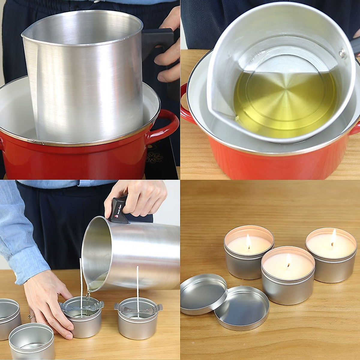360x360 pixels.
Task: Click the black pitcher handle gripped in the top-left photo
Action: (x=156, y=42)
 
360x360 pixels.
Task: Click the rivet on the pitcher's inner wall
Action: (x=341, y=54)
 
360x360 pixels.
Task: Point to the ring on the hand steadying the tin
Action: (x=31, y=316)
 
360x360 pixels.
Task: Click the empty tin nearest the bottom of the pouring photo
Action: (x=31, y=342)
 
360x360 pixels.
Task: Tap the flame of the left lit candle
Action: (x=248, y=241)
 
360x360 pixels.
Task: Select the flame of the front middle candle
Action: (x=288, y=259)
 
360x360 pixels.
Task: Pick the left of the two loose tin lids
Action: (x=203, y=293)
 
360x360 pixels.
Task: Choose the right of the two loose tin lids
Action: (x=241, y=307)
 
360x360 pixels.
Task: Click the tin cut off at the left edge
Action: (x=9, y=318)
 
